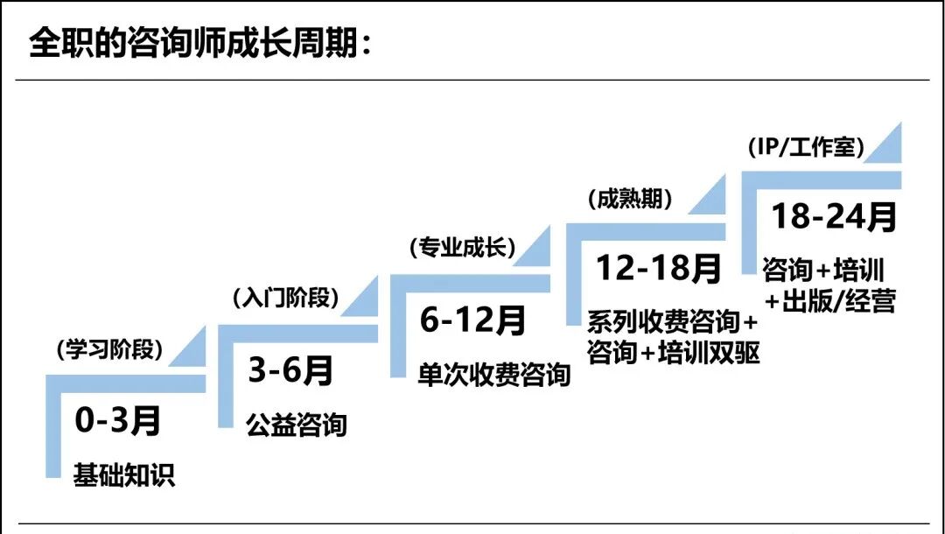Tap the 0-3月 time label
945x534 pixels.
pos(118,422)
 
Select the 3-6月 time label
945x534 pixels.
pos(291,371)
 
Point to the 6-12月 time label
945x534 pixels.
pos(472,320)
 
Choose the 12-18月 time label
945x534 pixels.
pos(659,269)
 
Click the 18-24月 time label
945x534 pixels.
pos(834,216)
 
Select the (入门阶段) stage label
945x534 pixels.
pos(285,298)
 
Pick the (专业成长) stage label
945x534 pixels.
pos(462,248)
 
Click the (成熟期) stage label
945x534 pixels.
pos(631,199)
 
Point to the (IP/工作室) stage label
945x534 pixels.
pos(806,148)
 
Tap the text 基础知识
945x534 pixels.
pos(124,474)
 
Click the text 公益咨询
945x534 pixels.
pos(297,425)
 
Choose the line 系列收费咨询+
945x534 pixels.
pos(672,322)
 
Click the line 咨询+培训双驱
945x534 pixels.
pos(674,354)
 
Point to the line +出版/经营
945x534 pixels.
pos(829,302)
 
